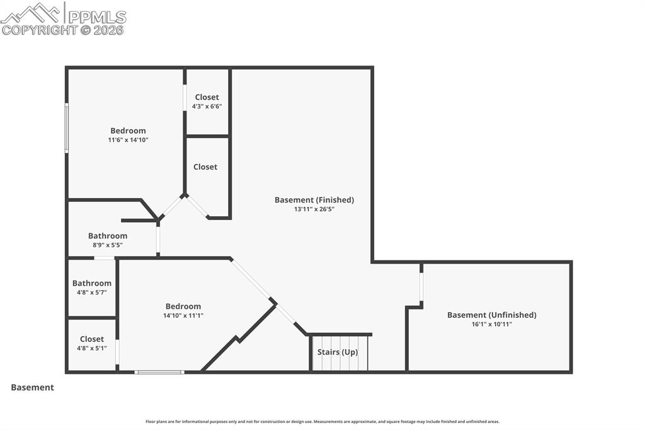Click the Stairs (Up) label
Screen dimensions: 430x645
338,352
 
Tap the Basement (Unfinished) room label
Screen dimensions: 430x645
491,315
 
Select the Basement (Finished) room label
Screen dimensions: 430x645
314,200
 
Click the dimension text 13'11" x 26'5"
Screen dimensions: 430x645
314,209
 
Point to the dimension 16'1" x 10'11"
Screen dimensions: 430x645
491,324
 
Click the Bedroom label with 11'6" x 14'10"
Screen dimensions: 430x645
128,131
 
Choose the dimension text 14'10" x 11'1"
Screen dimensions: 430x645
183,315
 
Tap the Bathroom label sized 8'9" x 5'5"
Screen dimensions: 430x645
108,236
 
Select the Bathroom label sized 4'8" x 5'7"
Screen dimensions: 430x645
92,283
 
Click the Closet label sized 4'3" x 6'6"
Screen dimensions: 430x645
207,97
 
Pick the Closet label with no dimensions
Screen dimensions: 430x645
205,166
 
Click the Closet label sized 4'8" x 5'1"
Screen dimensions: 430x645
92,339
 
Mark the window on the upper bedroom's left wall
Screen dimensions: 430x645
67,128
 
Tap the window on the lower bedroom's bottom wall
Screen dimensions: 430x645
159,372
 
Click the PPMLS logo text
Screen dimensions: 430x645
96,17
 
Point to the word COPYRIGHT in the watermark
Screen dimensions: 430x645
39,30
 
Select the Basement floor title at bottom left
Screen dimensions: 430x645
32,387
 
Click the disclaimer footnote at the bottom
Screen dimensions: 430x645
322,421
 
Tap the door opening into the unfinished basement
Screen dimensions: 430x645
421,286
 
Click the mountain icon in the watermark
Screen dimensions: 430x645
32,12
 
